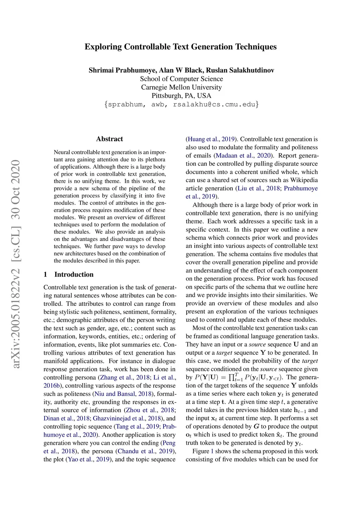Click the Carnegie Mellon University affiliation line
click(x=181, y=87)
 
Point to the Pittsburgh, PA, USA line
click(x=181, y=96)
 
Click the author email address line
click(x=181, y=104)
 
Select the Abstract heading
click(x=109, y=139)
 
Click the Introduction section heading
click(x=74, y=275)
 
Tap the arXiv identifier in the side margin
click(x=16, y=264)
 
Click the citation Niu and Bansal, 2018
click(x=122, y=394)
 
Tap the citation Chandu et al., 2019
click(x=145, y=451)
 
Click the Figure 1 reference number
click(x=212, y=451)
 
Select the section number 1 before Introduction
click(x=45, y=275)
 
